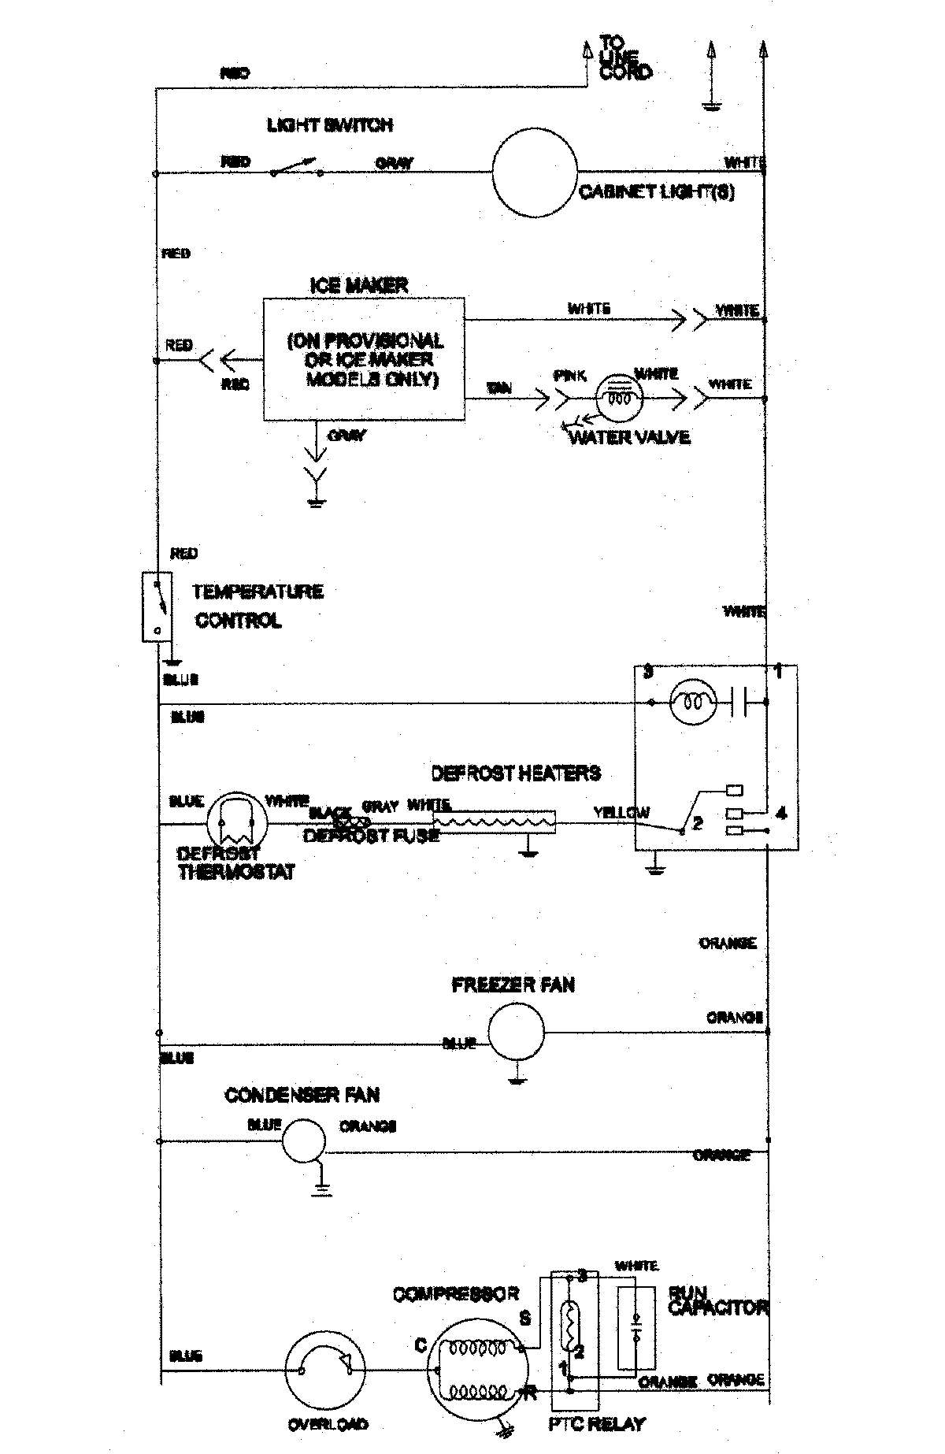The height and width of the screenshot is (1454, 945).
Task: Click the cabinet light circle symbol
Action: tap(535, 172)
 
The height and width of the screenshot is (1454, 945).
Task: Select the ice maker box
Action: tap(363, 358)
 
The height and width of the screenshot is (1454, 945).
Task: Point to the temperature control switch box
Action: tap(157, 606)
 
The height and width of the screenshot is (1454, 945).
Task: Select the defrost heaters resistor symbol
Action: tap(494, 822)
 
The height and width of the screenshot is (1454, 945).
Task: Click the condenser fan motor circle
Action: tap(303, 1140)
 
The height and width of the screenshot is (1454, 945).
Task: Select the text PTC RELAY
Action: tap(596, 1423)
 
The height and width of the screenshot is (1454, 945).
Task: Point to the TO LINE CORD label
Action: tap(625, 57)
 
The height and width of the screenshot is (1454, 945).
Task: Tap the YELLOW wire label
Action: tap(621, 812)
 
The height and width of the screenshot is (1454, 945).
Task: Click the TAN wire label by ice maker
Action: tap(498, 388)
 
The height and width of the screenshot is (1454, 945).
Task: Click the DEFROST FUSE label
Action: tap(371, 836)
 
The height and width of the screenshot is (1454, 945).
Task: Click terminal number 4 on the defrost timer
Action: tap(780, 812)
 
